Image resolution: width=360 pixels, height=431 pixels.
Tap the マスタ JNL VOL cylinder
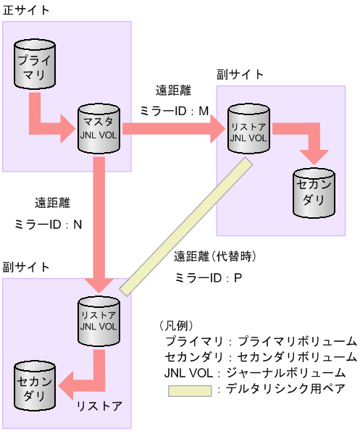coord(99,129)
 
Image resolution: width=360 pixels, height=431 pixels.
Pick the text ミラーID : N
coord(49,225)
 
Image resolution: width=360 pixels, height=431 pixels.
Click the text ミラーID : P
coord(208,277)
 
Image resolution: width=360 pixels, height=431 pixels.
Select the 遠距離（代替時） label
coord(216,256)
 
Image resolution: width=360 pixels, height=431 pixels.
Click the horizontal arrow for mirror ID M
coord(174,128)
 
